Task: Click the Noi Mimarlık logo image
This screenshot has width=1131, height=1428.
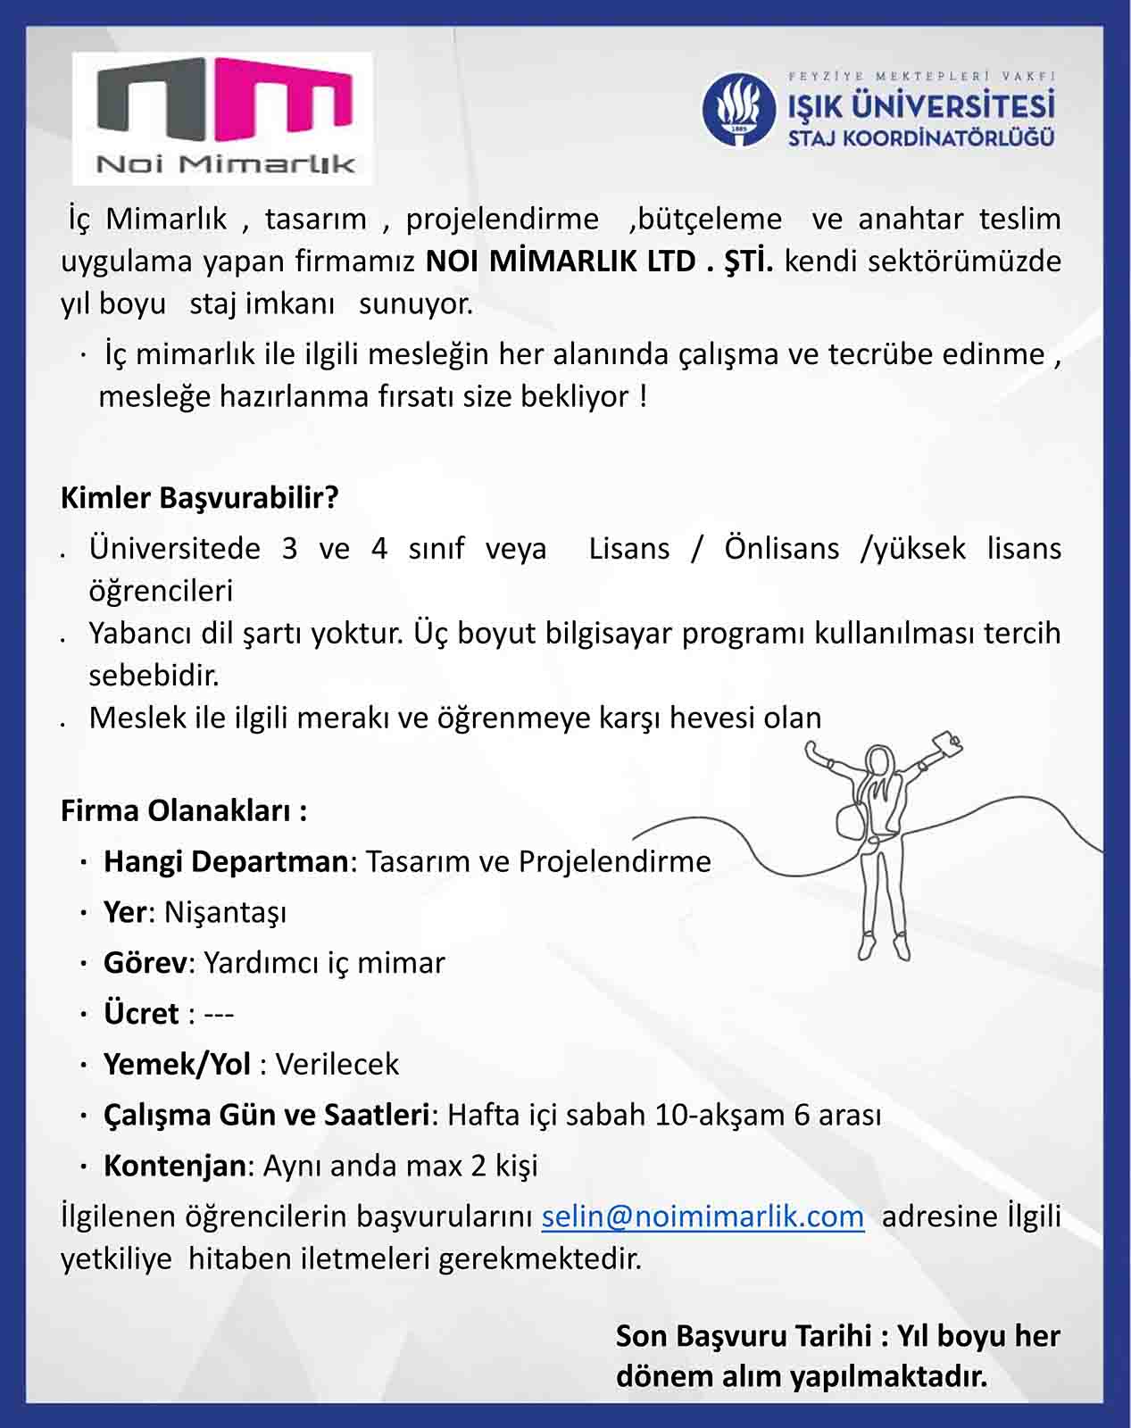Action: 223,118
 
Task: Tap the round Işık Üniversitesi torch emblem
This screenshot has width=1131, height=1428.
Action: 738,110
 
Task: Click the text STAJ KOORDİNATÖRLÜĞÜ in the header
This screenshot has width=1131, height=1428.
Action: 920,138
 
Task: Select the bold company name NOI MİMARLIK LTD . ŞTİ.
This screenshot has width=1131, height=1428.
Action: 599,262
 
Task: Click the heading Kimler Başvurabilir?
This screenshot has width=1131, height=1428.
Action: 199,497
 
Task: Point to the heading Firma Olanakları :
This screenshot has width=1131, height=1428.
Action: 184,810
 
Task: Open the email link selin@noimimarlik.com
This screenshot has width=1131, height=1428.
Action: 703,1216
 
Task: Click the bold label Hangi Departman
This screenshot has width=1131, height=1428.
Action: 225,861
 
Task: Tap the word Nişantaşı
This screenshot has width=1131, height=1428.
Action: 226,912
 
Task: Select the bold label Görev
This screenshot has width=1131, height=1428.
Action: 146,963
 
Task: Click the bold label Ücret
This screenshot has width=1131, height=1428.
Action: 141,1014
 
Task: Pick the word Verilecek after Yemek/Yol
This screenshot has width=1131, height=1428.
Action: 337,1064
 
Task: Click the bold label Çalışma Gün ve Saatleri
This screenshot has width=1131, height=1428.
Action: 266,1115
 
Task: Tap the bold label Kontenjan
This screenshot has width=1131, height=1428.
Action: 174,1166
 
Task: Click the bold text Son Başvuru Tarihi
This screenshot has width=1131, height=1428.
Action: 744,1336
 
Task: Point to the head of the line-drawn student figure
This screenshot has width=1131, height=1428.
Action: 879,761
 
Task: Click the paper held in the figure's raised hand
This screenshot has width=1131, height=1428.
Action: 946,743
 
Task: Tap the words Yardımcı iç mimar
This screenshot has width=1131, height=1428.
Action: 324,963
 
